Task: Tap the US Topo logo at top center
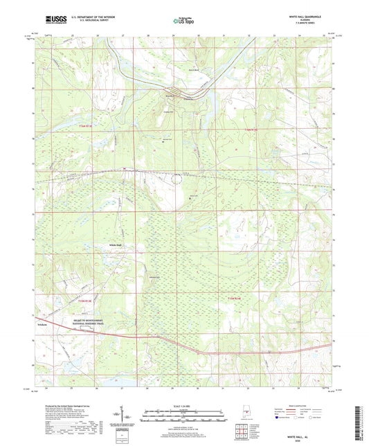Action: pos(183,21)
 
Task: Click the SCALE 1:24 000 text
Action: pos(184,405)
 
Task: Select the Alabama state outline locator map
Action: pos(247,417)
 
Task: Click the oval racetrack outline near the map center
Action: pos(177,179)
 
